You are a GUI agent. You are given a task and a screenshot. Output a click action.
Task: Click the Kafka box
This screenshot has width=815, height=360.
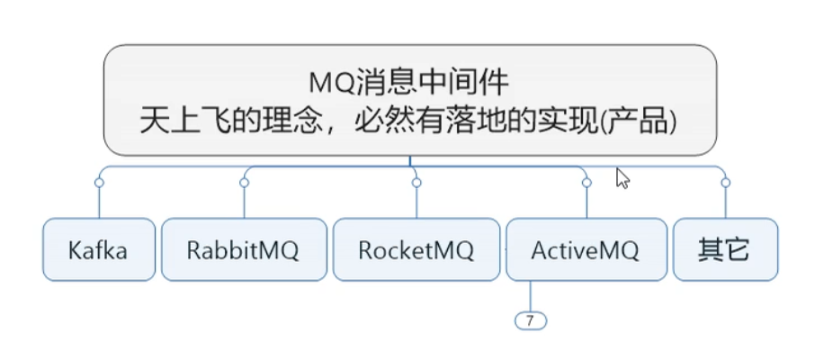pos(98,249)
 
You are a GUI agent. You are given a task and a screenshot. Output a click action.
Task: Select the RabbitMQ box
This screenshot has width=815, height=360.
pos(243,249)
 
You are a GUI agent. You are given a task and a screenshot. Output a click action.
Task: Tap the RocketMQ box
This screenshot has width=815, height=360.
pos(416,249)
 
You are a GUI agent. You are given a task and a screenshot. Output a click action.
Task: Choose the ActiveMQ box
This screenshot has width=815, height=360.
pos(585,249)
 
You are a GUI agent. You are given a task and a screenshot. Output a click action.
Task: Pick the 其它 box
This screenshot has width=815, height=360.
pos(724,249)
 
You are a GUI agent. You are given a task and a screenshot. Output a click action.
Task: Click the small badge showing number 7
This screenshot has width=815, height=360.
pos(530,319)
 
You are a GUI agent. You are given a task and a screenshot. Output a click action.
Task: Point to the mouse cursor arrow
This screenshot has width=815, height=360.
pos(622,177)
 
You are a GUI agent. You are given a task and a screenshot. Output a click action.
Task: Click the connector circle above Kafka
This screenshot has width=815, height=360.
pos(99,183)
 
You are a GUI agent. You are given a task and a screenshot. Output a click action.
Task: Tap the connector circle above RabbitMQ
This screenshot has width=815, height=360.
pos(244,183)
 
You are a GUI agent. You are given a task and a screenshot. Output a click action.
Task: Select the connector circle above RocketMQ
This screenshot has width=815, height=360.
pos(416,183)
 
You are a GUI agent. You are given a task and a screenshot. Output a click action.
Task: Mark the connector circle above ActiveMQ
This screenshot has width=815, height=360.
pos(586,183)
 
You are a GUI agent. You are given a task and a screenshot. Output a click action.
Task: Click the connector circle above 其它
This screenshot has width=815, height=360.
pos(725,183)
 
